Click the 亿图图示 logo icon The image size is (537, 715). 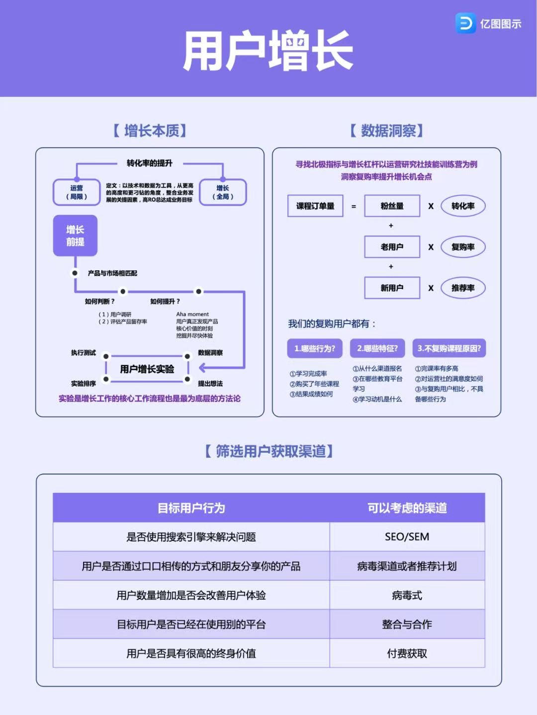[x=466, y=23]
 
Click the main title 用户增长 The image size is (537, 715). [x=268, y=51]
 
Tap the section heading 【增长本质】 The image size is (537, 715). [x=150, y=131]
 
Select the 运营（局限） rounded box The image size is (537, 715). [x=77, y=192]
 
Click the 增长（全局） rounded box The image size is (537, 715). [x=223, y=192]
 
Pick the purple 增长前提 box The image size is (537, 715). [x=75, y=236]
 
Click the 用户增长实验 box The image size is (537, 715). [x=147, y=369]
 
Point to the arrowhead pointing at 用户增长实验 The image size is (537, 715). [x=202, y=368]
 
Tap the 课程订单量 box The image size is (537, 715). [x=315, y=206]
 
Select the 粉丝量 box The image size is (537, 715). [x=392, y=206]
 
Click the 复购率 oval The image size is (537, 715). [x=463, y=247]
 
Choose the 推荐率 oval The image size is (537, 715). [x=463, y=288]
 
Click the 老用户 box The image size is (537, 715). [x=392, y=247]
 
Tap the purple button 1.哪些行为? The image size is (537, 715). [x=315, y=348]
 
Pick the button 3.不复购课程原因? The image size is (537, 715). [x=449, y=348]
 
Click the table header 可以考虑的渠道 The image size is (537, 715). [x=407, y=508]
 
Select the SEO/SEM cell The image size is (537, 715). [x=407, y=537]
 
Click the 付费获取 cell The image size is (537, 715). [x=407, y=653]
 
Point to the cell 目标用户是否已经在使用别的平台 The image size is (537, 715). [x=191, y=624]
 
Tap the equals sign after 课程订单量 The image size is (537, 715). [x=354, y=206]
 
